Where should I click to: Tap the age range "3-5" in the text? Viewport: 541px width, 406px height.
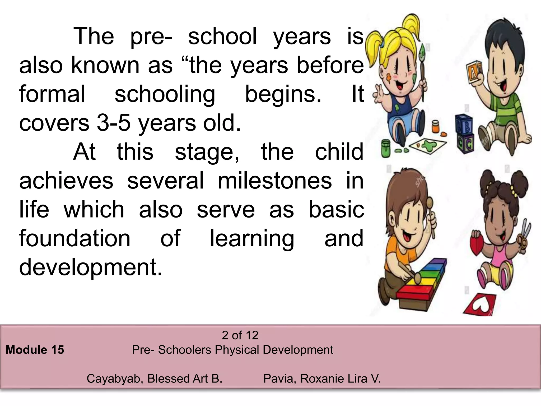pos(114,123)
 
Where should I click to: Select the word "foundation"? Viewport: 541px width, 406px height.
pos(75,238)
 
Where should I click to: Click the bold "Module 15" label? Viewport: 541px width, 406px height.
pos(35,350)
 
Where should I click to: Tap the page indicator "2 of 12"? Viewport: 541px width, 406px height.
pos(240,335)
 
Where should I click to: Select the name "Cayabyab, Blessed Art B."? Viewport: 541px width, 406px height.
pos(155,379)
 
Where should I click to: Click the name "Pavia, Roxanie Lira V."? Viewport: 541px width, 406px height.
pos(322,379)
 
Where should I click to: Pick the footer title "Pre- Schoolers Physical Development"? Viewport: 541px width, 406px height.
pos(232,350)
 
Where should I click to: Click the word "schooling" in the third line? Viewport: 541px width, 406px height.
pos(165,94)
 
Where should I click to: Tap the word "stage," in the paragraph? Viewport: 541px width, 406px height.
pos(207,152)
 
